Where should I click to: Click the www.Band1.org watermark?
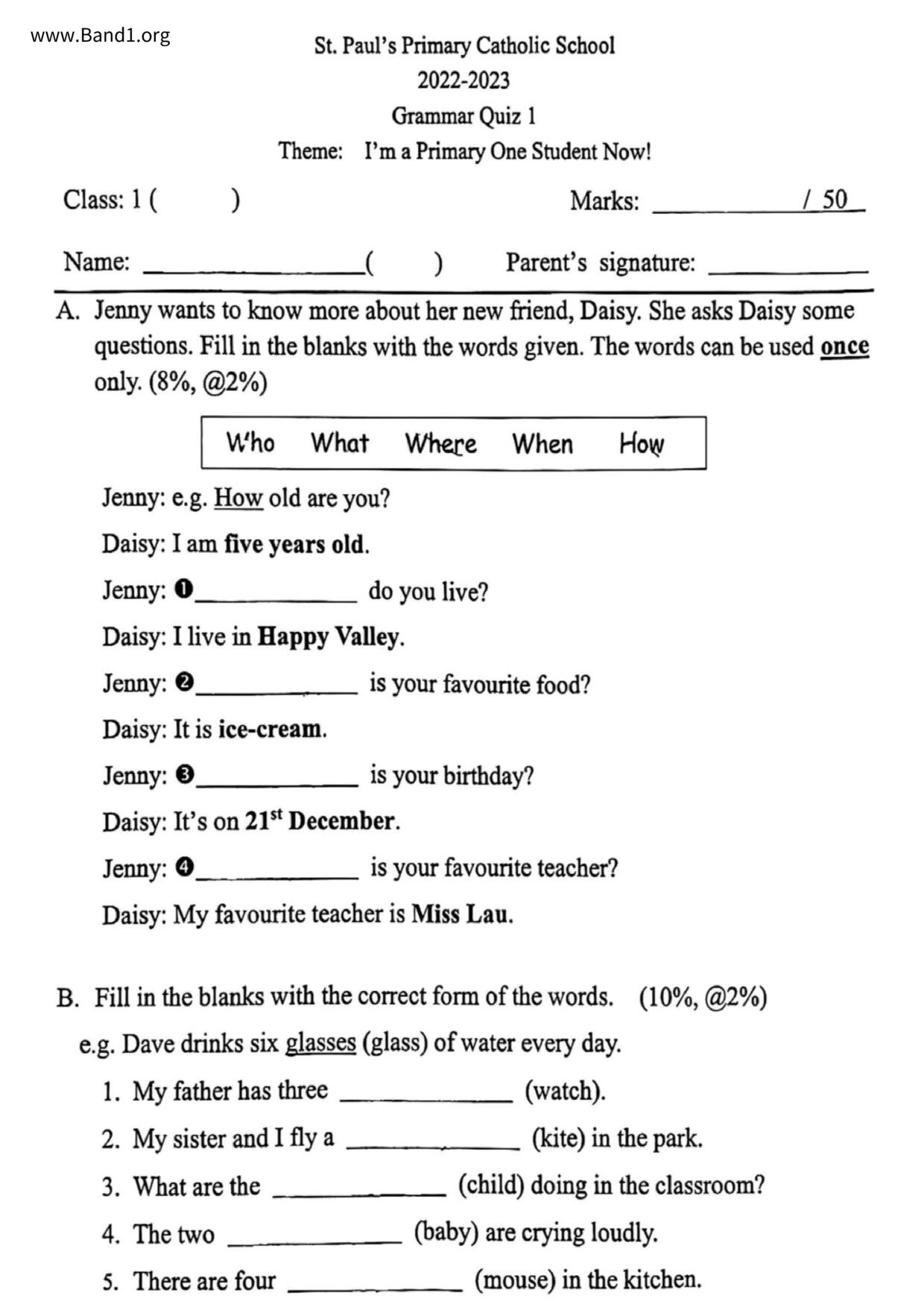coord(100,36)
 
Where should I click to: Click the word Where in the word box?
coord(440,443)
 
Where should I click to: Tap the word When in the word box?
coord(542,444)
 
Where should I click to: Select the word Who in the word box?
coord(250,443)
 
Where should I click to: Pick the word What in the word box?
coord(340,443)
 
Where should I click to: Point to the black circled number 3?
coord(185,775)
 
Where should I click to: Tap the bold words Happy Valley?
coord(329,637)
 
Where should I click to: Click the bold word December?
coord(342,821)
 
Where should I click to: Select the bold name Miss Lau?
coord(461,914)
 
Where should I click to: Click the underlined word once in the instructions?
coord(844,347)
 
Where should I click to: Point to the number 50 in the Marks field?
coord(835,200)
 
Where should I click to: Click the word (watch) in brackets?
coord(565,1091)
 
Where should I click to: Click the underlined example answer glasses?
coord(320,1043)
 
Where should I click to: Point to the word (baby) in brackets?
coord(446,1233)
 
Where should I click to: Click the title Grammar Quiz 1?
coord(463,116)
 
